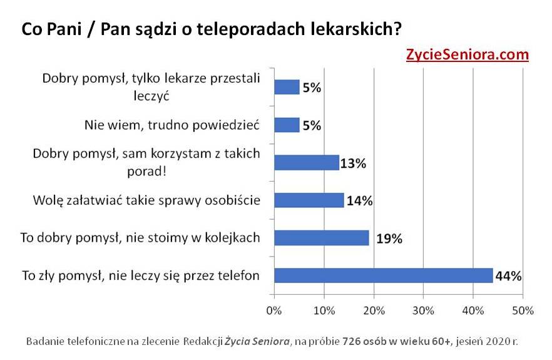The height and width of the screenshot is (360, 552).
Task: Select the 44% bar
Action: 384,275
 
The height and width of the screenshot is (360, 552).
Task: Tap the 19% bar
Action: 322,238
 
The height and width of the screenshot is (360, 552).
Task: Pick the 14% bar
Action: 309,200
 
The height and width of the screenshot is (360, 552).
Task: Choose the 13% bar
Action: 307,163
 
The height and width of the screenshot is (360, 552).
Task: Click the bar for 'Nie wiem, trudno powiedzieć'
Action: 287,125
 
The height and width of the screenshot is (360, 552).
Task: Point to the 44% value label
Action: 508,276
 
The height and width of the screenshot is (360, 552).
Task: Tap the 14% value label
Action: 359,201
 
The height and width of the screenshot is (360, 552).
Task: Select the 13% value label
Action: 354,163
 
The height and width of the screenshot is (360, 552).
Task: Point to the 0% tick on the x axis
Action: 273,310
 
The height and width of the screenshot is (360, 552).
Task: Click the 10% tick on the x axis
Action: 324,310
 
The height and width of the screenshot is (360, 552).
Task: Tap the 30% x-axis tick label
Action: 423,310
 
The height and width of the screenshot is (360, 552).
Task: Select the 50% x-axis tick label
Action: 523,310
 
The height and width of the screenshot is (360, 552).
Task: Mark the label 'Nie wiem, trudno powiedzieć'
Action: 171,125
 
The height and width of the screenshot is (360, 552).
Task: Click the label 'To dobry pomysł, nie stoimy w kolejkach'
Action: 140,238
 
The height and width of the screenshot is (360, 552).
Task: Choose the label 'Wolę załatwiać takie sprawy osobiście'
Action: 146,200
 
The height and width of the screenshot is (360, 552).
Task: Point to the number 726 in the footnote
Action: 352,342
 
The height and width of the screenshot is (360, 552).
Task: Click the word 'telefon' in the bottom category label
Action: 239,275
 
